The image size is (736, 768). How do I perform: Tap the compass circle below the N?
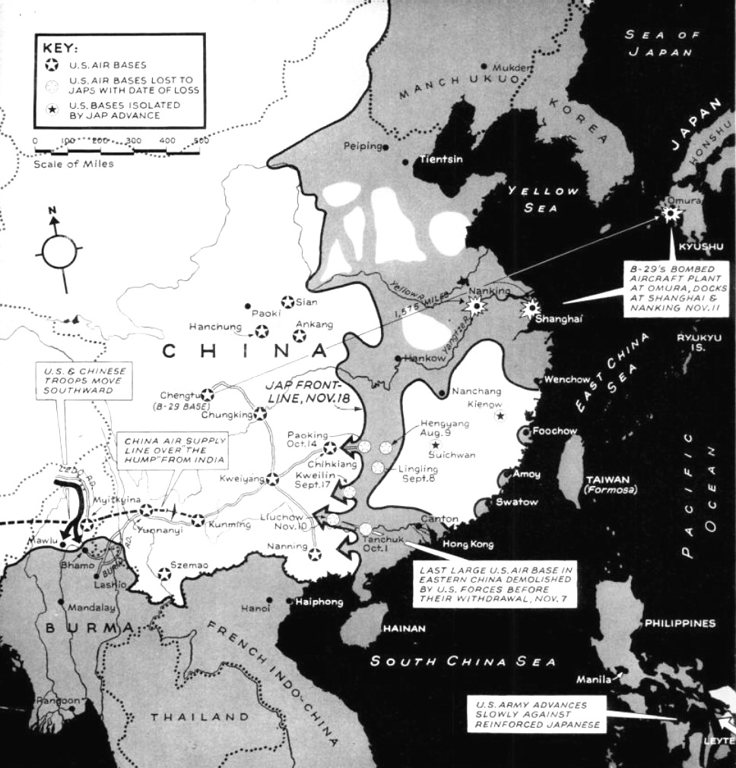click(x=59, y=251)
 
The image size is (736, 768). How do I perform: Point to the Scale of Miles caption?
click(x=74, y=163)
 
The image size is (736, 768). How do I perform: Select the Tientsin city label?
click(x=443, y=160)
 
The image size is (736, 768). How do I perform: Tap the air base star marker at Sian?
click(x=287, y=302)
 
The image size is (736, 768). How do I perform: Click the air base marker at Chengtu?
click(x=207, y=395)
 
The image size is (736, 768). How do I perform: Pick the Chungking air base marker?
click(x=260, y=414)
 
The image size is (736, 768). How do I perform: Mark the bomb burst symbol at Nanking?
click(x=477, y=306)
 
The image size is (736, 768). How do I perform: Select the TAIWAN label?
click(x=608, y=479)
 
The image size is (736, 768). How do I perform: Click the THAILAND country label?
click(x=199, y=716)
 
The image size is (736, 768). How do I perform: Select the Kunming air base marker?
click(x=198, y=520)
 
